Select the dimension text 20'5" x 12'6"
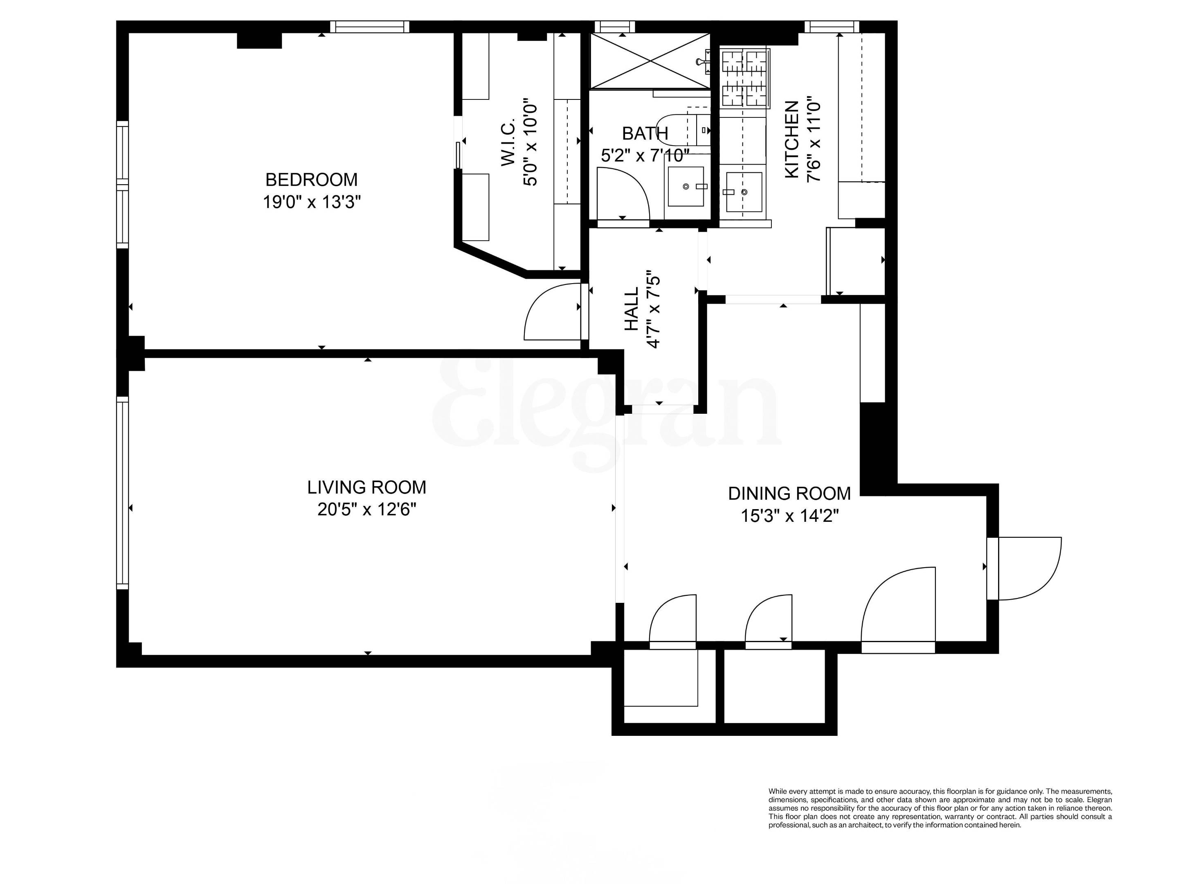(x=366, y=510)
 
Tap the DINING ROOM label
(x=789, y=494)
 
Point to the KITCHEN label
(x=792, y=140)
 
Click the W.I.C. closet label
(x=508, y=142)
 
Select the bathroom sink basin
(x=686, y=187)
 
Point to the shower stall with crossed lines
(x=650, y=60)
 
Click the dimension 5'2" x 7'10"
(x=645, y=156)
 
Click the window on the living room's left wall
(x=122, y=493)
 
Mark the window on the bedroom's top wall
(x=370, y=26)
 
